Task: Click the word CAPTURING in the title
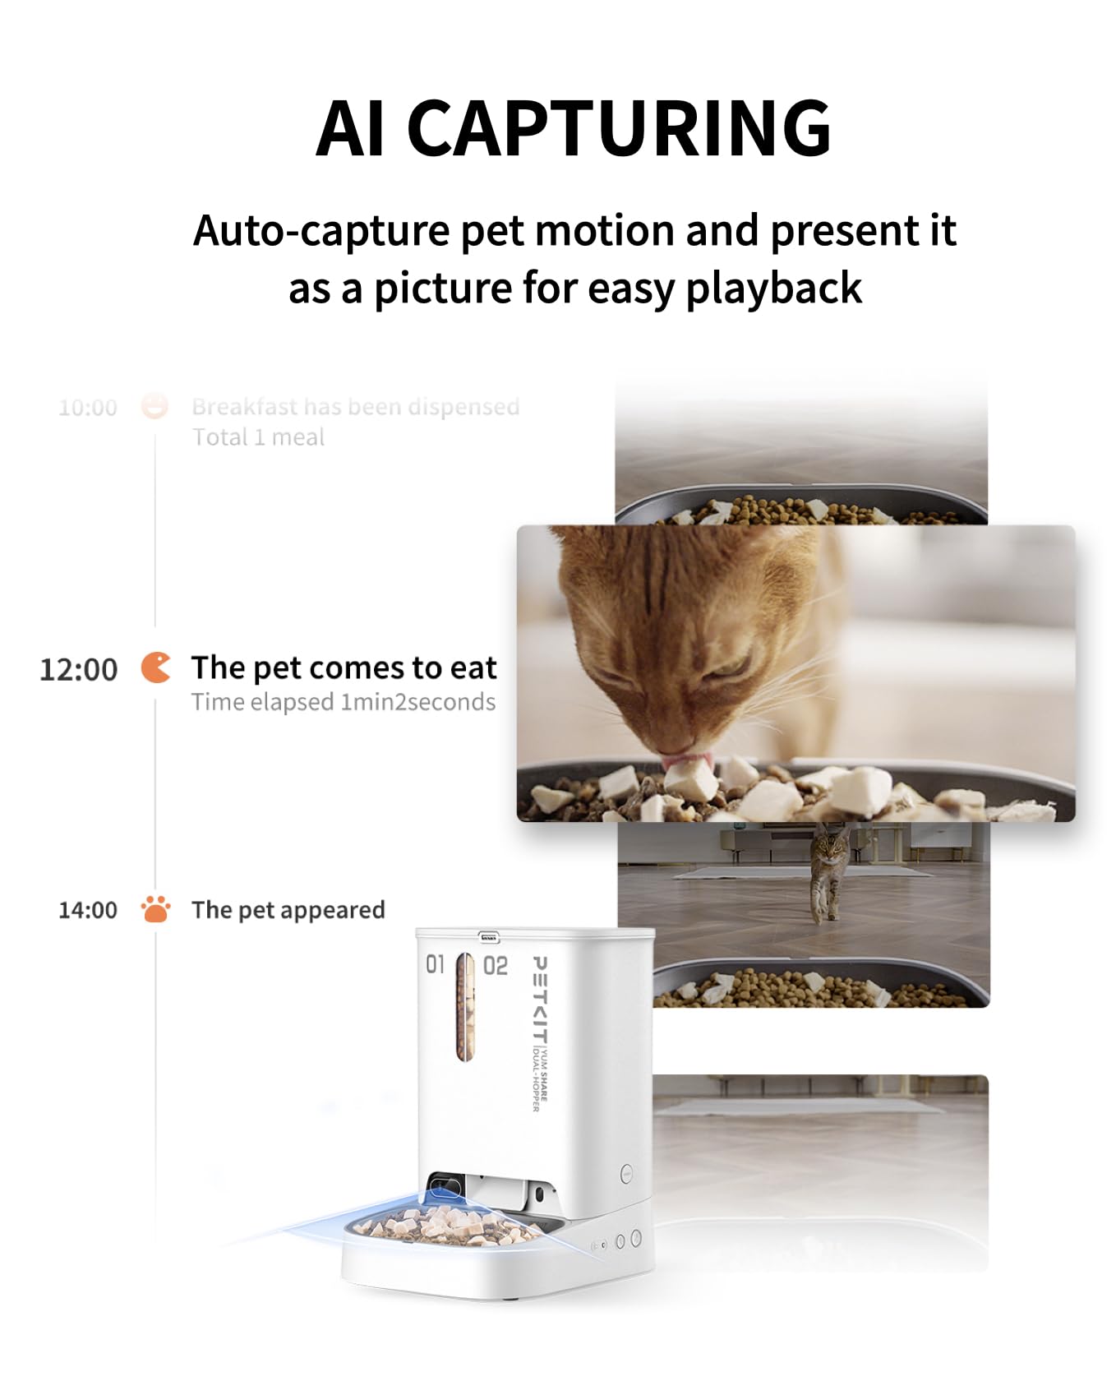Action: click(x=618, y=128)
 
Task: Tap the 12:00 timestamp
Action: click(x=79, y=670)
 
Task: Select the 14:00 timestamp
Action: click(x=88, y=910)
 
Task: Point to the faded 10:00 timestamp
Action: click(x=88, y=408)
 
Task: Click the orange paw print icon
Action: click(x=155, y=909)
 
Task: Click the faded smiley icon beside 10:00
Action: click(x=154, y=406)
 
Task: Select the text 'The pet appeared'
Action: click(x=288, y=910)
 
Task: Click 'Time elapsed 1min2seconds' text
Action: click(x=343, y=703)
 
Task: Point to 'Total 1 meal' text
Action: click(x=258, y=437)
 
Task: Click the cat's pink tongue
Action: click(x=687, y=762)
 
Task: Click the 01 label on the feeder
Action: click(x=435, y=964)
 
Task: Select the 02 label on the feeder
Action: click(x=496, y=966)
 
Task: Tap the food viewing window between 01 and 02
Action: click(x=465, y=1007)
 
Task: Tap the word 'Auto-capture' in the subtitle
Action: click(x=321, y=231)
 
